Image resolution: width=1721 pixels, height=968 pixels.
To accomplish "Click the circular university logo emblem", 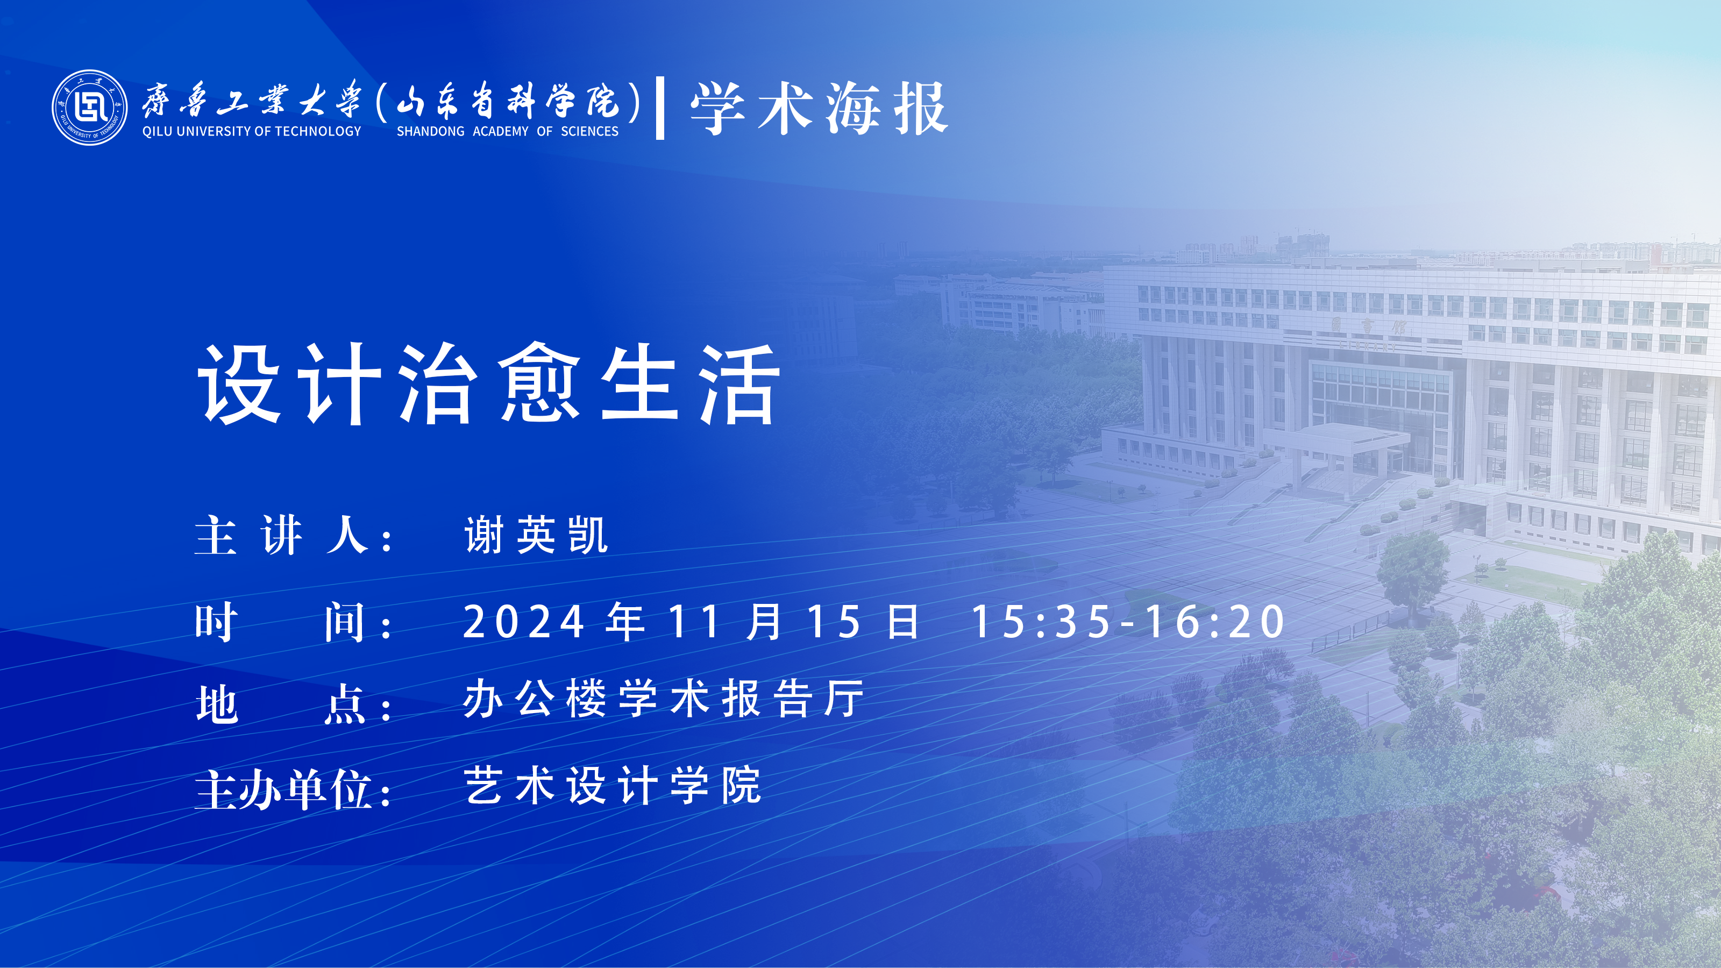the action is pos(89,107).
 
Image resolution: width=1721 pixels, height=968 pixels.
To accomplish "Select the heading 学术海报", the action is pos(819,108).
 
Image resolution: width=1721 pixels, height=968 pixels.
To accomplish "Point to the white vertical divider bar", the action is pos(660,108).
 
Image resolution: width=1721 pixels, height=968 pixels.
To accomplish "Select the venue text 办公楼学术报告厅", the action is pos(664,699).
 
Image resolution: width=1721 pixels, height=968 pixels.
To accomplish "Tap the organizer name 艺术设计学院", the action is pos(613,785).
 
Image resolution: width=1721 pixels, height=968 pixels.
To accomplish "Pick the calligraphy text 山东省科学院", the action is pos(508,101).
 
